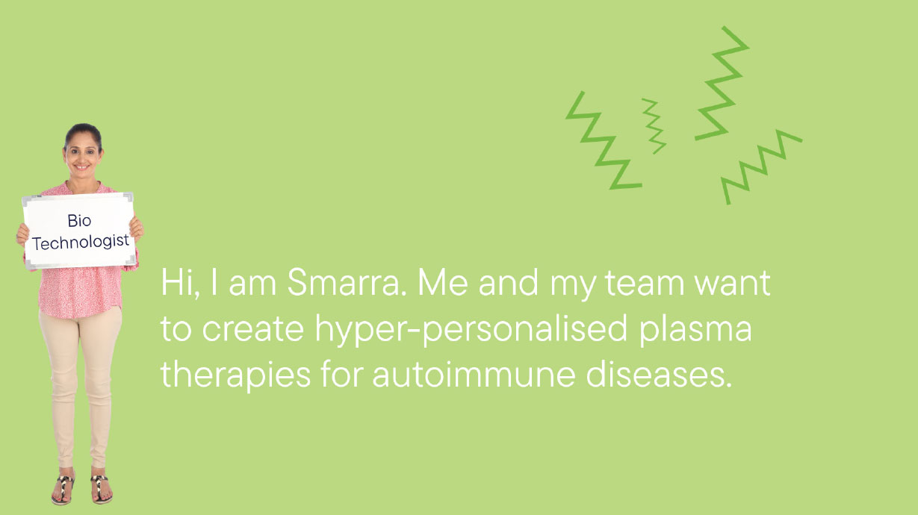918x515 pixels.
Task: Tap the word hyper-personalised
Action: tap(471, 330)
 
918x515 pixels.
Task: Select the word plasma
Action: tap(695, 330)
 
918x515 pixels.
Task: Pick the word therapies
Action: tap(235, 375)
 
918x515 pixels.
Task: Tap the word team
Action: tap(645, 284)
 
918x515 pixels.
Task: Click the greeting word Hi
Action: tap(176, 283)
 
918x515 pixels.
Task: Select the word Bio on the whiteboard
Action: tap(79, 221)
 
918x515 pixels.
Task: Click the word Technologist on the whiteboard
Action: tap(81, 243)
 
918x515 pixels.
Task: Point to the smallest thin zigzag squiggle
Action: tap(654, 125)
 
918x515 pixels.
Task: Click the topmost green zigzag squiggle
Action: tap(722, 84)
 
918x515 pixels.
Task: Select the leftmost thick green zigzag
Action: tap(604, 140)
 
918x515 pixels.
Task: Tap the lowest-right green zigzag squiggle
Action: tap(761, 167)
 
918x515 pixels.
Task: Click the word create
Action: tap(253, 329)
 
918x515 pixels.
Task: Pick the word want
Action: tap(733, 284)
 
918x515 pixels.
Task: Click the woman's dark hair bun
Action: tap(83, 133)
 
